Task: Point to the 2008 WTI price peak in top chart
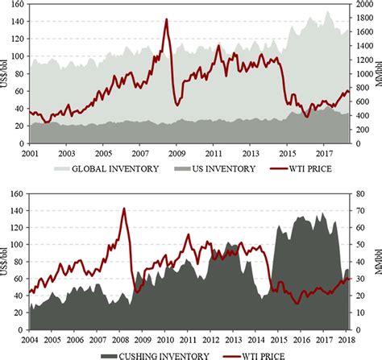[x=166, y=19]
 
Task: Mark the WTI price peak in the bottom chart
[x=123, y=209]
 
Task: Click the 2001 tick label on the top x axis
[x=30, y=152]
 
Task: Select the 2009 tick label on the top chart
[x=176, y=152]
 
